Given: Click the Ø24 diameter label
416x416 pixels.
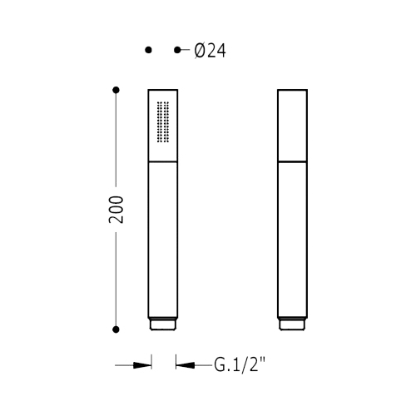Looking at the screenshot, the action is click(x=210, y=51).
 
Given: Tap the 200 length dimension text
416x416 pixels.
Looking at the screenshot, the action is click(x=116, y=210).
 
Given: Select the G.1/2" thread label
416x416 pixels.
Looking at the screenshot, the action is click(x=240, y=365).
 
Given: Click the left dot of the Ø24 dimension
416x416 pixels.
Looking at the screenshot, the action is click(x=148, y=50).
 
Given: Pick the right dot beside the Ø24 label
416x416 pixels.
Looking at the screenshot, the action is click(x=177, y=50).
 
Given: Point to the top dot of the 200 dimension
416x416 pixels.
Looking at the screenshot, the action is click(x=116, y=90).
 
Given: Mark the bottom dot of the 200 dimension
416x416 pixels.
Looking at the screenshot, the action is click(x=116, y=329).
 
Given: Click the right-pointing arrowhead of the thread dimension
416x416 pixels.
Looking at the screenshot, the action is click(x=142, y=365).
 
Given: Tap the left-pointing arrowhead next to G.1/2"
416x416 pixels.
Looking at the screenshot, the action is click(x=186, y=365).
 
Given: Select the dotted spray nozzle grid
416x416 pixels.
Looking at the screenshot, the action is click(x=163, y=122).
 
